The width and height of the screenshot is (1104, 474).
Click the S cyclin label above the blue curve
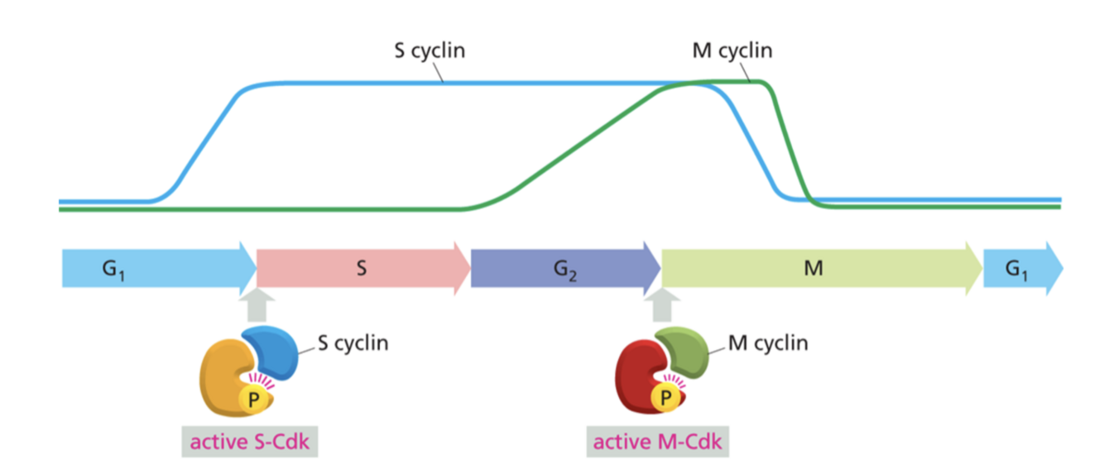[x=428, y=50]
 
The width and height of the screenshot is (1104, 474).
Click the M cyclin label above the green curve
[x=732, y=50]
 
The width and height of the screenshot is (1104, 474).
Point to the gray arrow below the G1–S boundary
[x=257, y=304]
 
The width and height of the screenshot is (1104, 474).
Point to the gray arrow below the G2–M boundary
[x=661, y=304]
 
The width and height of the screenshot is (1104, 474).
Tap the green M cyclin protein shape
[x=681, y=351]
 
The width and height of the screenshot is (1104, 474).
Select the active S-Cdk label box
[x=250, y=442]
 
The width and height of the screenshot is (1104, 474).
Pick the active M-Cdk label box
[x=659, y=442]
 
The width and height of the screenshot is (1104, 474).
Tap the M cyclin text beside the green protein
[x=768, y=342]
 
